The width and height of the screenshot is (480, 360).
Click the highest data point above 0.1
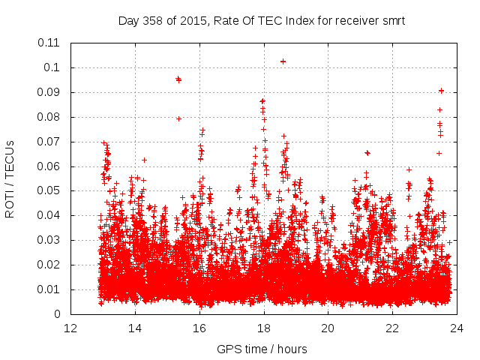(x=283, y=61)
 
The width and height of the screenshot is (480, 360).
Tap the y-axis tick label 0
(x=57, y=314)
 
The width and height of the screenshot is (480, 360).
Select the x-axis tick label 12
(x=70, y=328)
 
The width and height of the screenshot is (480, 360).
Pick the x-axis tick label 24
(x=457, y=328)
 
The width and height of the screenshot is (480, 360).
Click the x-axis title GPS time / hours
(x=263, y=349)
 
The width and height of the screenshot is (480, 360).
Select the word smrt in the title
(x=391, y=21)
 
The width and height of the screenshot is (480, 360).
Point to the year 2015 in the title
(x=194, y=21)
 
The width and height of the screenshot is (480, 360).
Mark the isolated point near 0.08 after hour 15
(x=178, y=118)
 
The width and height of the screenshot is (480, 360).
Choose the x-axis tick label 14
(x=135, y=328)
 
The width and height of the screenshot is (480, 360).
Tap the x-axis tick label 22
(x=392, y=328)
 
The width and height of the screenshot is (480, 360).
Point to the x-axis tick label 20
(x=328, y=328)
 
